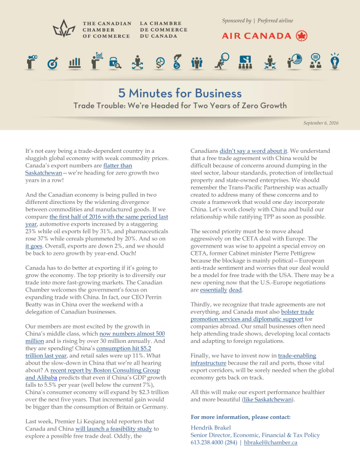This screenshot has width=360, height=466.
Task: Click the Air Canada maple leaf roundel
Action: pos(302,36)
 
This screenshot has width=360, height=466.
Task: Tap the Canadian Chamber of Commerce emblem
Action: pos(66,29)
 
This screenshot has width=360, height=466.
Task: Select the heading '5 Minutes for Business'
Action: pos(179,93)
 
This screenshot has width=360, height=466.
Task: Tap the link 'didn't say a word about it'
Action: pos(254,151)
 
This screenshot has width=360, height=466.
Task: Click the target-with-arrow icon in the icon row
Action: pos(53,62)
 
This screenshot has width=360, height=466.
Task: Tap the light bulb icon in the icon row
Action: pos(335,60)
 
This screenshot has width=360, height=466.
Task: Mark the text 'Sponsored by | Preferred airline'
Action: pos(258,21)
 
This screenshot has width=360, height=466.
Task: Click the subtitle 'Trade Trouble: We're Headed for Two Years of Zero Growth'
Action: pos(179,105)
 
